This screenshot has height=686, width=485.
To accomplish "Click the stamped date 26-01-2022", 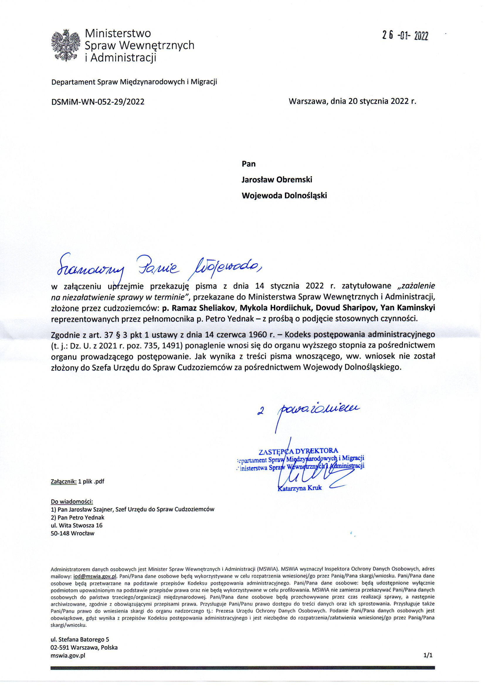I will (405, 36).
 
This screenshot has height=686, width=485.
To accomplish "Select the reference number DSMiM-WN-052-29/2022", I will (98, 102).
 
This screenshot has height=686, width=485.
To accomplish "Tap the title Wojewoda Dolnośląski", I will (284, 196).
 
